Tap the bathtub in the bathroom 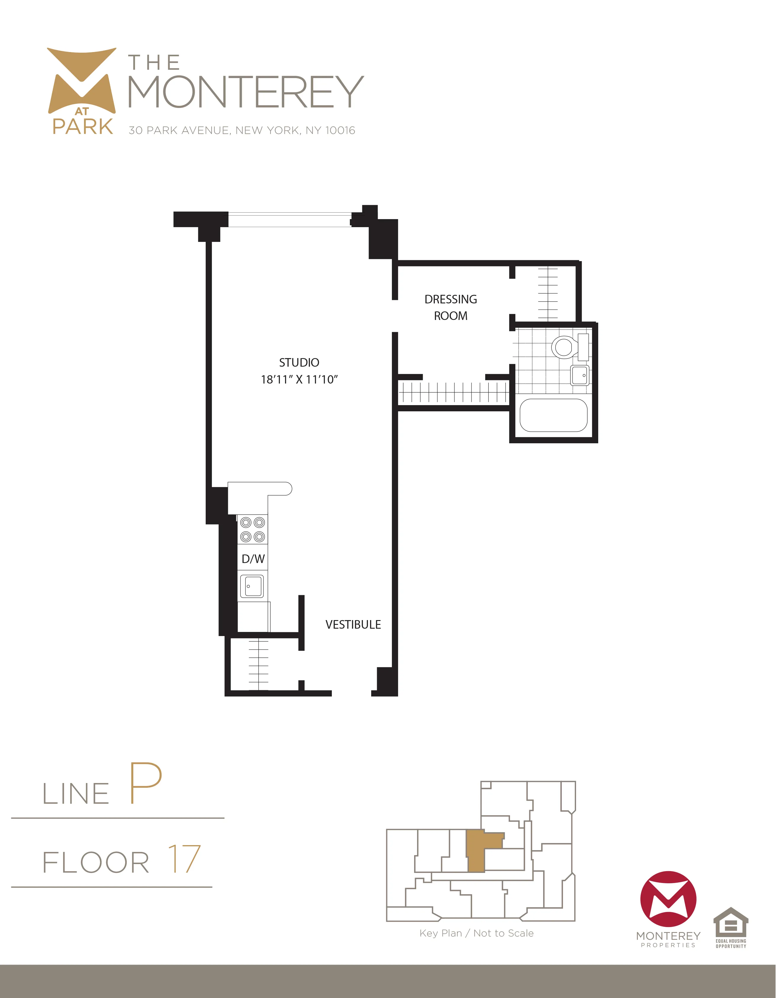click(x=554, y=415)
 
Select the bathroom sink click(x=580, y=376)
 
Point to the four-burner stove click(x=252, y=529)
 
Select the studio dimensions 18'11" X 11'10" click(x=299, y=380)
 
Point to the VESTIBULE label click(x=353, y=625)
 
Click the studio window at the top click(x=289, y=220)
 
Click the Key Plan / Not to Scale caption click(x=477, y=934)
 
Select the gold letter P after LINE click(x=145, y=783)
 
